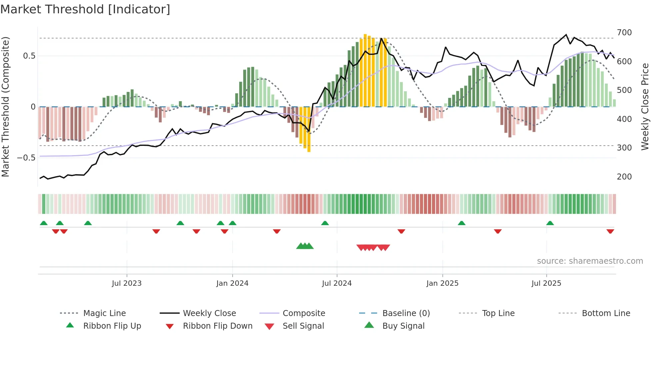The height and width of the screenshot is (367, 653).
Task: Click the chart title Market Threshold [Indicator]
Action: (x=85, y=9)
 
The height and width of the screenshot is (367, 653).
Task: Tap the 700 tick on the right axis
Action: (x=624, y=33)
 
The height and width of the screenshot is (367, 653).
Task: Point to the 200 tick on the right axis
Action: (x=624, y=177)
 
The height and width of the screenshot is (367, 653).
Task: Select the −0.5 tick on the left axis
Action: (x=26, y=158)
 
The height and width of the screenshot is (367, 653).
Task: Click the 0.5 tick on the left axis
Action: (x=29, y=56)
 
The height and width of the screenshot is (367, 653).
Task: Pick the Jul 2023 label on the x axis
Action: (x=127, y=283)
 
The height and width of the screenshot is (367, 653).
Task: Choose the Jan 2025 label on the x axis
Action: (x=442, y=283)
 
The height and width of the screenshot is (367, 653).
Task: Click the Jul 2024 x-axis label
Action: (x=337, y=283)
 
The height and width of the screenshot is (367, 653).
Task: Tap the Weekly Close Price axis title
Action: (x=645, y=107)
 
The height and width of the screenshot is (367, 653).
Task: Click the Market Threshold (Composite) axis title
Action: (x=5, y=107)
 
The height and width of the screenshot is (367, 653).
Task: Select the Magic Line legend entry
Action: (x=104, y=313)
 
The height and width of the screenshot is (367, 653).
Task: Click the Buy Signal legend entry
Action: (x=403, y=326)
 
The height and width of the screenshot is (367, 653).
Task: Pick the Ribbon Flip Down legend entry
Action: (x=218, y=326)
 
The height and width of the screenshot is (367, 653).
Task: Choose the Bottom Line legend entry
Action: (x=606, y=313)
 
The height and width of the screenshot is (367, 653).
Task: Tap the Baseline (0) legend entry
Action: (x=406, y=313)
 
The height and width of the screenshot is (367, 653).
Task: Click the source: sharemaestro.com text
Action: (x=590, y=261)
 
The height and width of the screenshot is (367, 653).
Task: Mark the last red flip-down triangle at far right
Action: (x=610, y=231)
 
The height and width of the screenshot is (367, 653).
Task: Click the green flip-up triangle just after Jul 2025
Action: (x=550, y=223)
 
